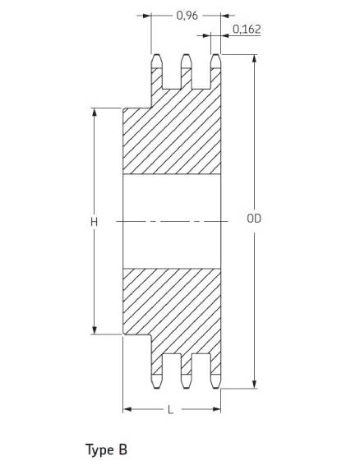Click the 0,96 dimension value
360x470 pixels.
[x=187, y=16]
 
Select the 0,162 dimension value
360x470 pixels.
[x=247, y=29]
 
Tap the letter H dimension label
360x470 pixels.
[x=95, y=222]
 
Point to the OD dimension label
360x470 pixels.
[x=254, y=219]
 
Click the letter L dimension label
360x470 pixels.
[x=171, y=410]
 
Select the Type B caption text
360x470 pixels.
[x=106, y=450]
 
